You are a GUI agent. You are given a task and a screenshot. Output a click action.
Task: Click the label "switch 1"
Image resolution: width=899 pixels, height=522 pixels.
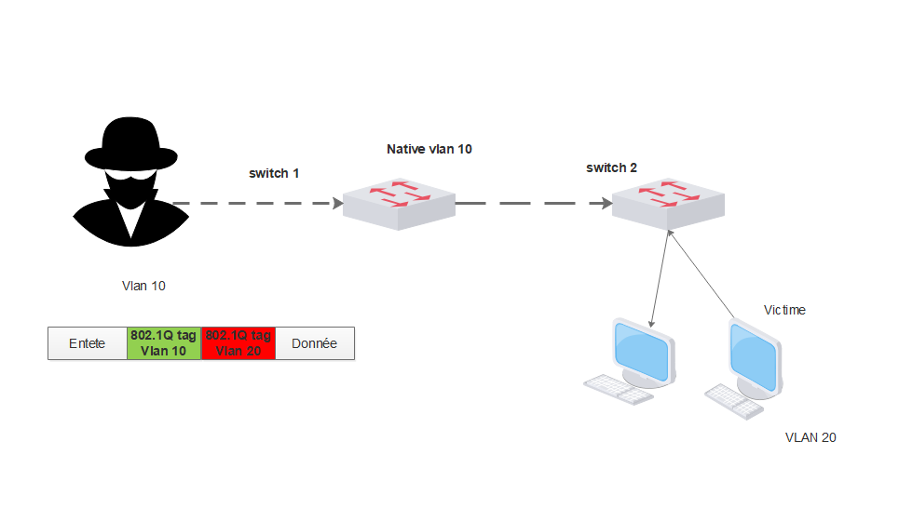pyautogui.click(x=274, y=173)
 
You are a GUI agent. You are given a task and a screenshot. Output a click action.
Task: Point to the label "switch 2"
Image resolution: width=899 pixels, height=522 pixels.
pyautogui.click(x=611, y=167)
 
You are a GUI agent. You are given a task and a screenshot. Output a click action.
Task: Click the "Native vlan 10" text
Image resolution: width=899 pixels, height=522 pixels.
pyautogui.click(x=429, y=149)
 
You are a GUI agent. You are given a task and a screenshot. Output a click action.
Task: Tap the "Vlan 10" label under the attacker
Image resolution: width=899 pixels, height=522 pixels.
pyautogui.click(x=143, y=286)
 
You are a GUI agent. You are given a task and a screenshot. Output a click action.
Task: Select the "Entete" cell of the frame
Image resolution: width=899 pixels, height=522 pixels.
pyautogui.click(x=88, y=343)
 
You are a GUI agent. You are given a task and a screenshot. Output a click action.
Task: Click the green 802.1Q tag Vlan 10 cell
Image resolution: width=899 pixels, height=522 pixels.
pyautogui.click(x=164, y=343)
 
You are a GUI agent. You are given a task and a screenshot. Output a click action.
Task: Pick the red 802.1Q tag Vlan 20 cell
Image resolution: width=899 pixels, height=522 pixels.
pyautogui.click(x=238, y=343)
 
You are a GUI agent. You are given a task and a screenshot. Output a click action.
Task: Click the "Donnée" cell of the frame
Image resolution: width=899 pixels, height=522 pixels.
pyautogui.click(x=315, y=343)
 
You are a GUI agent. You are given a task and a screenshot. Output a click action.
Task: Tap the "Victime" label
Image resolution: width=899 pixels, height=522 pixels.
pyautogui.click(x=784, y=310)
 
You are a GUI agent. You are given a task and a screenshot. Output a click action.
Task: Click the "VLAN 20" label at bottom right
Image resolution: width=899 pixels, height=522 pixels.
pyautogui.click(x=810, y=436)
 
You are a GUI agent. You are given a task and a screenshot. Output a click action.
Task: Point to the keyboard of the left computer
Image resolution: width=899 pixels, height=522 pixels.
pyautogui.click(x=617, y=389)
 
